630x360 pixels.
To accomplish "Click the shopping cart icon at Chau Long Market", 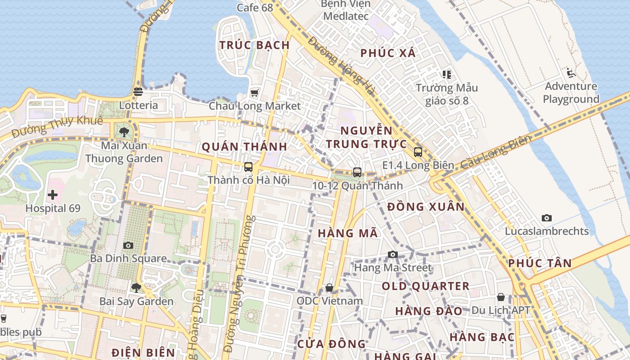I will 255,93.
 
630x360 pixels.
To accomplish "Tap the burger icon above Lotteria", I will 138,92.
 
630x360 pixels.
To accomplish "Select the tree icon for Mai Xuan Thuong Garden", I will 124,132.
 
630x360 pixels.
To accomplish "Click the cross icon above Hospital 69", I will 53,195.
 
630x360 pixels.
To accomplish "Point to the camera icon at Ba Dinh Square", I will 128,245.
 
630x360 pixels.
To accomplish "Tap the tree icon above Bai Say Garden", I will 136,288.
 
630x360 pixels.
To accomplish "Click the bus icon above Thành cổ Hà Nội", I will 248,167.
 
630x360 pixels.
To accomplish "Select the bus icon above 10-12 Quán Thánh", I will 357,172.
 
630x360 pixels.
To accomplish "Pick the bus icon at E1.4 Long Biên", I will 418,152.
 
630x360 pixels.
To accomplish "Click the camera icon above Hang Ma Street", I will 393,255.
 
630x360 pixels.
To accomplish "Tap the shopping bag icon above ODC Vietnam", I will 329,288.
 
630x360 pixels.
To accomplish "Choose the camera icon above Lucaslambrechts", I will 547,218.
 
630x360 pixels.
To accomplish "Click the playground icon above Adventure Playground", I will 571,72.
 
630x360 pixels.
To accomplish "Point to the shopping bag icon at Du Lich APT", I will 500,297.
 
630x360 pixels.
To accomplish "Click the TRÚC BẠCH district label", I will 255,45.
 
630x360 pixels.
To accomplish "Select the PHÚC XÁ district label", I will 388,53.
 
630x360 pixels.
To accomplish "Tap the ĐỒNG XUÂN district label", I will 426,207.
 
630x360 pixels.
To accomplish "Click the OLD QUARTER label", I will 426,286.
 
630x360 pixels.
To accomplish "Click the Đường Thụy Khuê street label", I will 57,126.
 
